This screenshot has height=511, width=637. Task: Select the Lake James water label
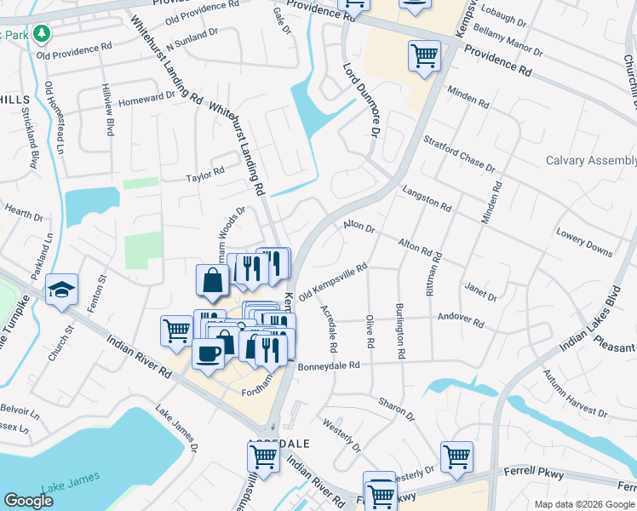71,477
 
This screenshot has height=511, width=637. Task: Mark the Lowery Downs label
583,242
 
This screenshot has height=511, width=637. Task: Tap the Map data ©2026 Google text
583,504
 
